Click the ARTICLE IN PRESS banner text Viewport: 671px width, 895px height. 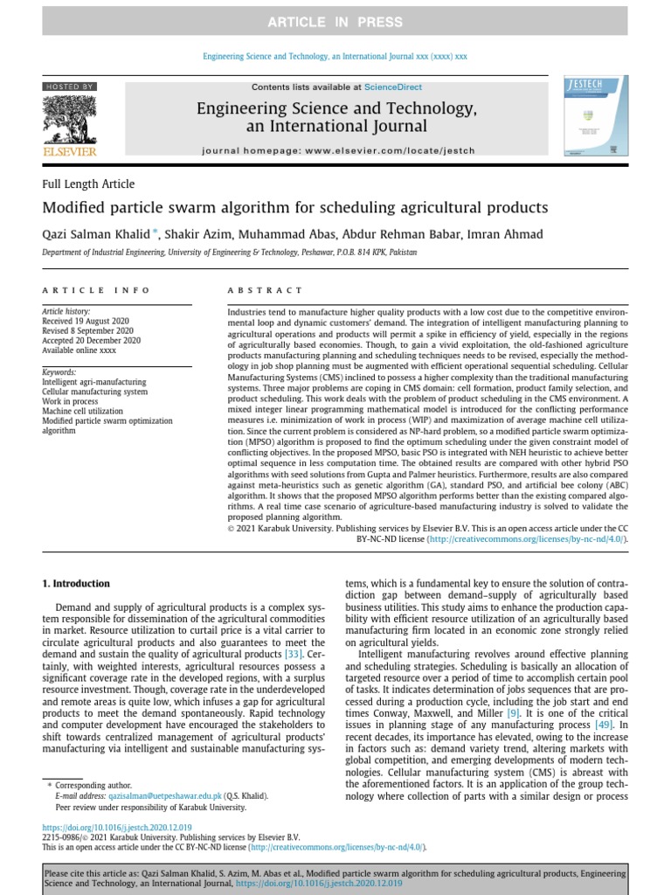[335, 22]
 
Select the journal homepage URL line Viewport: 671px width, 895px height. [338, 150]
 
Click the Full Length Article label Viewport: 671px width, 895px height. [88, 184]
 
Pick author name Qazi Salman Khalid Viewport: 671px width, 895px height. [95, 233]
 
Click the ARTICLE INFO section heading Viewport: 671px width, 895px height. [96, 290]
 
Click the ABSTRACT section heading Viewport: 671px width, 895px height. [265, 290]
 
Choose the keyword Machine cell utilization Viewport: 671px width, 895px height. [83, 411]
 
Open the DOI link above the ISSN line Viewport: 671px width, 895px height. [117, 827]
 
